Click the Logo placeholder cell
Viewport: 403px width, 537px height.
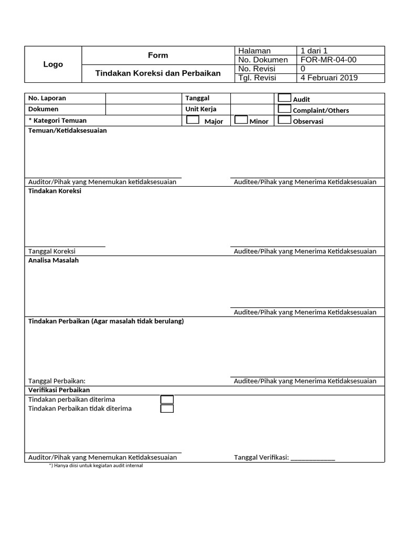pos(53,64)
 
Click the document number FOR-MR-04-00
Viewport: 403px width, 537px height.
pos(328,60)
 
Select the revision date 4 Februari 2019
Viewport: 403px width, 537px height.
pos(328,78)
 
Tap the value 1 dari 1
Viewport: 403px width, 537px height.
pos(314,51)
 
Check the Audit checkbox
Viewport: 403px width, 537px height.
pos(284,98)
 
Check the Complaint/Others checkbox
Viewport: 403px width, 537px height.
pos(284,109)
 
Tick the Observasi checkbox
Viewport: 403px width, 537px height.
pos(284,120)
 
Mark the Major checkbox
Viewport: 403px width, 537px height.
pos(193,120)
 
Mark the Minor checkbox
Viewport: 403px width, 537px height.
pos(241,120)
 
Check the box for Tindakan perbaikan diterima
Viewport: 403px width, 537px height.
pos(167,400)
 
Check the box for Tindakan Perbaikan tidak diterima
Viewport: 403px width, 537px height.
pos(167,409)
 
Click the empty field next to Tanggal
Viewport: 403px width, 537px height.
pos(252,98)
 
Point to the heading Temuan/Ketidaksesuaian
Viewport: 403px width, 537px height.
pos(67,131)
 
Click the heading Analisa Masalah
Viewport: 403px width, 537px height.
pos(53,260)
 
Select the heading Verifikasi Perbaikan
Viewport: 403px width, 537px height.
pos(59,390)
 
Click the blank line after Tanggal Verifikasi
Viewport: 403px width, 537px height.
pos(313,458)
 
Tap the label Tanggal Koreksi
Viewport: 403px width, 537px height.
pos(52,251)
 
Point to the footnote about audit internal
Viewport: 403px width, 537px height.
pos(96,466)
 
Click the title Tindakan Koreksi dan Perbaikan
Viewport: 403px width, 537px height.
pos(158,73)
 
